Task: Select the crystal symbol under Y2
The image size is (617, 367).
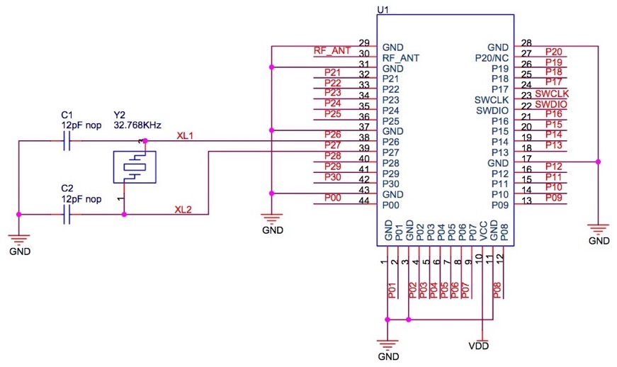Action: pyautogui.click(x=132, y=167)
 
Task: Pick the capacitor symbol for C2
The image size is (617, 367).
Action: pyautogui.click(x=67, y=214)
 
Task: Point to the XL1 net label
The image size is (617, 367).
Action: pyautogui.click(x=185, y=135)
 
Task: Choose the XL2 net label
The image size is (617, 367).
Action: pyautogui.click(x=185, y=209)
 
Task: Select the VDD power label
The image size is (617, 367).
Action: pyautogui.click(x=479, y=346)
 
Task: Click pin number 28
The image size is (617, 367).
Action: pyautogui.click(x=526, y=43)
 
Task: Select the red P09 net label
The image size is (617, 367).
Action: pyautogui.click(x=554, y=196)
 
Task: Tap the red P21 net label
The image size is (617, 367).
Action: pyautogui.click(x=333, y=73)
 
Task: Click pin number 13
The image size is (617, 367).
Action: pyautogui.click(x=526, y=201)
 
